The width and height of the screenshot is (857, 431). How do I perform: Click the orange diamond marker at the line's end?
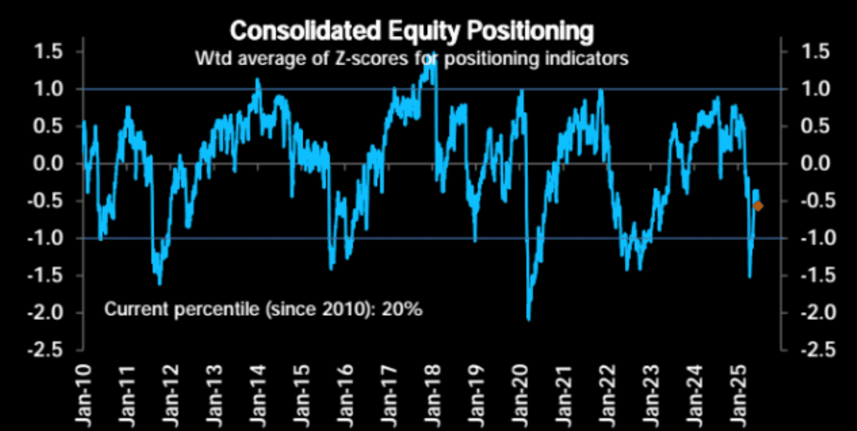click(x=758, y=206)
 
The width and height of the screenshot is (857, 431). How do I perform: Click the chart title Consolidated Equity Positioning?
click(x=412, y=31)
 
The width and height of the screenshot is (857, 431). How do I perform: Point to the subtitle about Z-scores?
click(x=412, y=59)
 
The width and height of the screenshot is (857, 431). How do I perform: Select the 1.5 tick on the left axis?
click(x=48, y=52)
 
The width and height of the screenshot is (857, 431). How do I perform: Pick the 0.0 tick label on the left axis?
click(x=48, y=164)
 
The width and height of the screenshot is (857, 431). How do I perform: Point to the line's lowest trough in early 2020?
click(x=528, y=319)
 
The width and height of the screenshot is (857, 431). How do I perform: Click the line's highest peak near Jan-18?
click(x=434, y=53)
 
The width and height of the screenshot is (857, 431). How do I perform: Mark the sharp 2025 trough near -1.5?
click(x=749, y=277)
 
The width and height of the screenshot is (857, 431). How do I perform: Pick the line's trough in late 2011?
click(x=160, y=284)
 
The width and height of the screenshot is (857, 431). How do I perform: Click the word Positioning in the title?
click(x=531, y=31)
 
